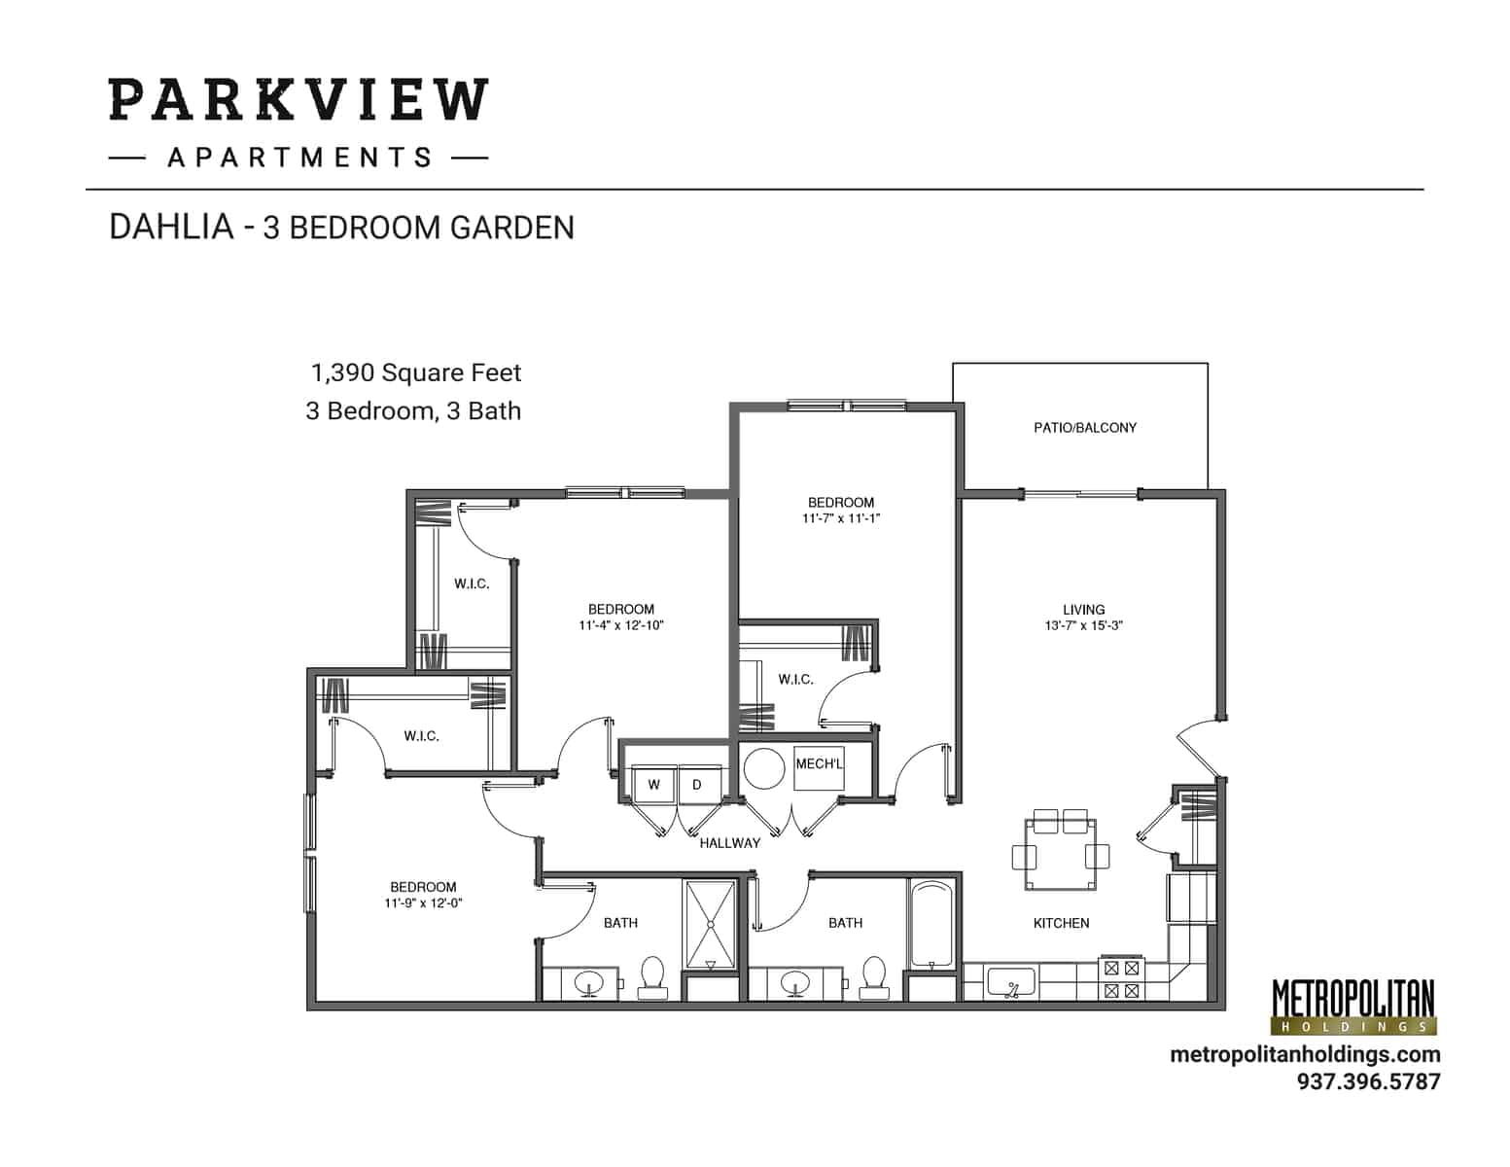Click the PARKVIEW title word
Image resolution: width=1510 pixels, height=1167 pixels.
(x=298, y=99)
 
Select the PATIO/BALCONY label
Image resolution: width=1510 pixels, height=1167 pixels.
(x=1084, y=428)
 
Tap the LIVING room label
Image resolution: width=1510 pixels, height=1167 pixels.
(x=1083, y=610)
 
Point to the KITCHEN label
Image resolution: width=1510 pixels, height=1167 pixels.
(x=1061, y=923)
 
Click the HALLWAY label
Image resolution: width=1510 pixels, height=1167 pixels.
(x=729, y=843)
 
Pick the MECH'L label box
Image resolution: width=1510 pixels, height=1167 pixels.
(x=819, y=765)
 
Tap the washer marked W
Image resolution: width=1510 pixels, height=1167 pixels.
(x=654, y=784)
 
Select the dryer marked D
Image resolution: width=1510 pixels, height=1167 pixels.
(x=698, y=784)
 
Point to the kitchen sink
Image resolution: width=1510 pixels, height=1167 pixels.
(x=1011, y=983)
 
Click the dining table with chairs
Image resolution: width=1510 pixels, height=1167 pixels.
(x=1060, y=854)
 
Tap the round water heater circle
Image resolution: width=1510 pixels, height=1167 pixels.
(x=764, y=768)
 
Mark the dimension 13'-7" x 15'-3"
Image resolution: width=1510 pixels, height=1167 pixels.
(x=1083, y=626)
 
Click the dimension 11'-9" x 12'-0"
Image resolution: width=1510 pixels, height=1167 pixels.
(x=423, y=903)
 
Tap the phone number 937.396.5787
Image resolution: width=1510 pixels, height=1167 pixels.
(x=1368, y=1081)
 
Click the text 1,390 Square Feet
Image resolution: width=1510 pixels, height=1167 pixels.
(x=415, y=372)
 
